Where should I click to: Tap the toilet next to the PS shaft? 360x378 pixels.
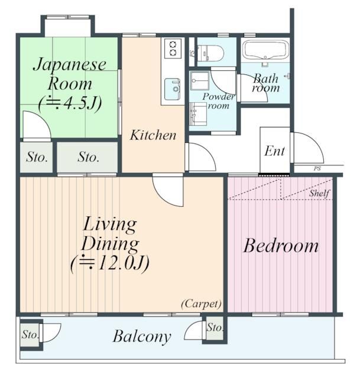click(210, 53)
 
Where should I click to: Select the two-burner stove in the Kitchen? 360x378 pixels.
click(173, 48)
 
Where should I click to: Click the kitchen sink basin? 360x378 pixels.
click(172, 89)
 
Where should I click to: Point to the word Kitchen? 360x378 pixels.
click(153, 135)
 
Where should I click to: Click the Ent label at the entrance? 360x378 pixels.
click(275, 151)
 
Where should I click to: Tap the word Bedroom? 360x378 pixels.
click(281, 246)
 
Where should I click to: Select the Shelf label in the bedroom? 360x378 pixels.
click(319, 193)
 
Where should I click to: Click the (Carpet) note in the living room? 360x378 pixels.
click(201, 304)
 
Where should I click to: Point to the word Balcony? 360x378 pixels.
click(142, 336)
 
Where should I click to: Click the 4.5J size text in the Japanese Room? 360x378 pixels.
click(70, 104)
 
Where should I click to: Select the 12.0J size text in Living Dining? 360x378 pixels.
click(110, 264)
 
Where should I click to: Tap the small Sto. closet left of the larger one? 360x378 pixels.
click(37, 157)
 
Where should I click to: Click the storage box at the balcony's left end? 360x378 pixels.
click(30, 335)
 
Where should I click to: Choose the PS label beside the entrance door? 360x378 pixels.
click(317, 169)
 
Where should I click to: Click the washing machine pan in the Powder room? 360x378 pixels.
click(199, 81)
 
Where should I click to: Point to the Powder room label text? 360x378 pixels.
click(218, 101)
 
